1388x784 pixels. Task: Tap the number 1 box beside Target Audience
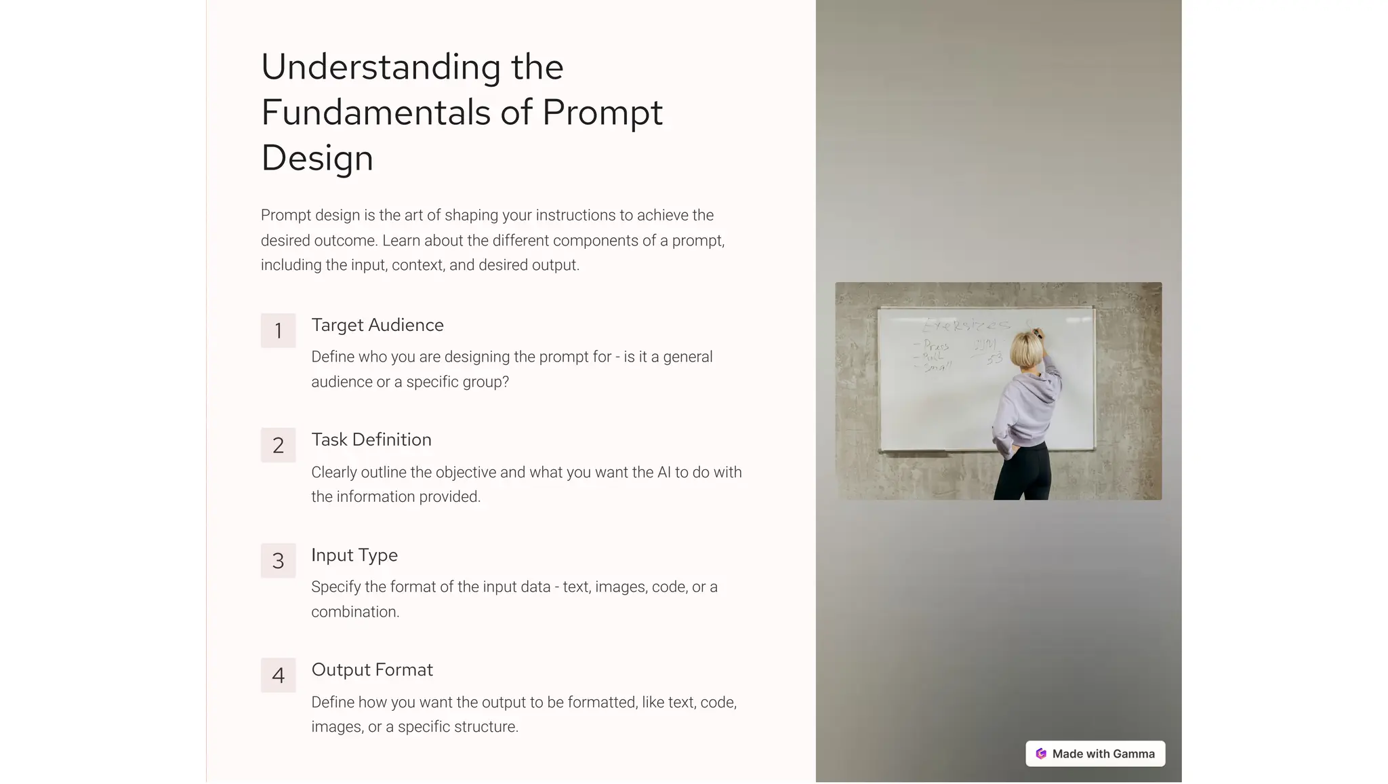point(278,330)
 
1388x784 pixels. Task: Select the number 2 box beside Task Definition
point(278,445)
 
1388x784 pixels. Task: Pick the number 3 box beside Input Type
point(278,560)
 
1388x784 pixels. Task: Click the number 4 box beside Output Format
point(278,675)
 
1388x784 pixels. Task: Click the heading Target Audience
point(377,325)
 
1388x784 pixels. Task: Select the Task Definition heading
point(371,439)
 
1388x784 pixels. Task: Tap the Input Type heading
point(354,555)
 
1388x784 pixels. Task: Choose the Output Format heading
point(372,669)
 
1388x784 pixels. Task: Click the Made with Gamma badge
point(1095,753)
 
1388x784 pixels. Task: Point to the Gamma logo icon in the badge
point(1041,753)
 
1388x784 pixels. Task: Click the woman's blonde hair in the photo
point(1026,350)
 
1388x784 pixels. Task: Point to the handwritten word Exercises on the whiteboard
point(965,325)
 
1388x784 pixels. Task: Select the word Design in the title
point(317,158)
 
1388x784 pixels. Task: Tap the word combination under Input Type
point(355,612)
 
